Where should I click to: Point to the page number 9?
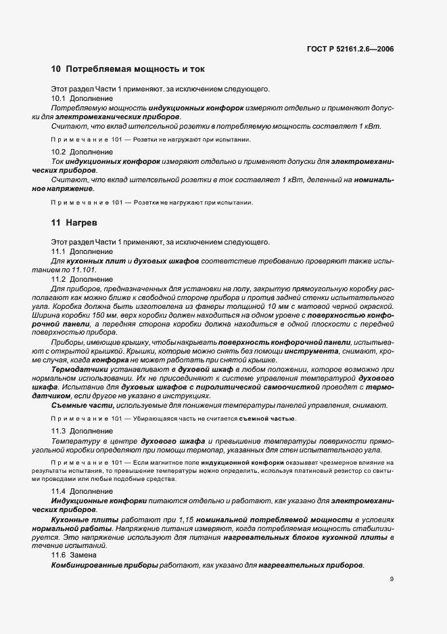(392, 579)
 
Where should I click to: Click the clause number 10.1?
(59, 98)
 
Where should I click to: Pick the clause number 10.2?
(59, 153)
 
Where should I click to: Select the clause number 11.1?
(59, 251)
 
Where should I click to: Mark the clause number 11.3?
(59, 431)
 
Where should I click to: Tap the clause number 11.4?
(59, 490)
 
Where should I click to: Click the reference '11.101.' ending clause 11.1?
(83, 270)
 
